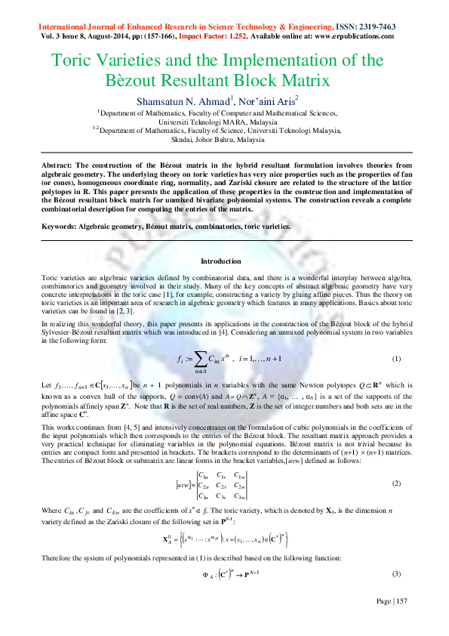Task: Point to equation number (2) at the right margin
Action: pyautogui.click(x=396, y=482)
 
